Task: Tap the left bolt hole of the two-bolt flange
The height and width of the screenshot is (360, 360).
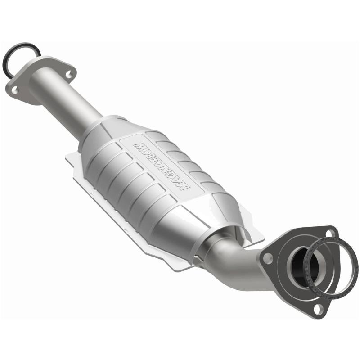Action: coord(15,90)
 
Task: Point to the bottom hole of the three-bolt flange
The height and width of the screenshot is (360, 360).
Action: coord(318,308)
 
